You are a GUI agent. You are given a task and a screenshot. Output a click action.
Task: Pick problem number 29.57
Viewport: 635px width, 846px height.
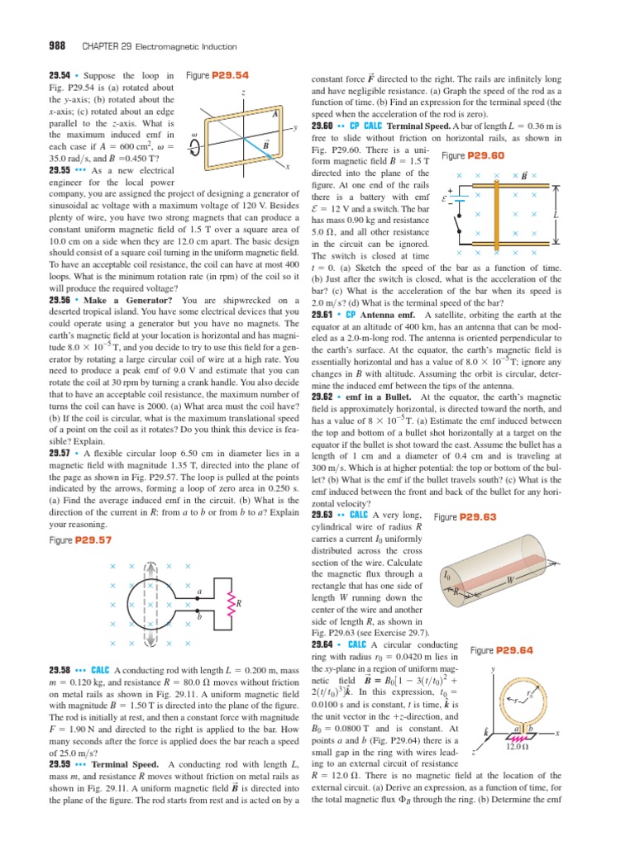coord(63,454)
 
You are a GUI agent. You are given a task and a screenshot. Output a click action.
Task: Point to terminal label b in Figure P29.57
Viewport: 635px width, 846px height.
coord(198,616)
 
